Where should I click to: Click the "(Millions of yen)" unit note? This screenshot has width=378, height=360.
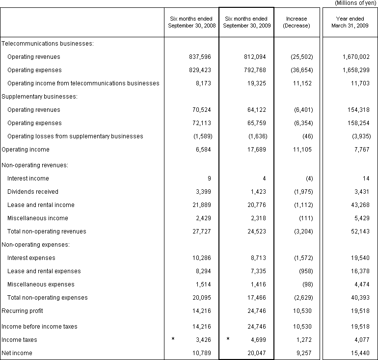pyautogui.click(x=355, y=3)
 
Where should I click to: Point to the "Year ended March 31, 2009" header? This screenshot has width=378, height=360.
pyautogui.click(x=350, y=22)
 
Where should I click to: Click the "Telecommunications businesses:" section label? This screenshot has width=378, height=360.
pyautogui.click(x=48, y=44)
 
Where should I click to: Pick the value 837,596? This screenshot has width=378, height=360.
pyautogui.click(x=200, y=57)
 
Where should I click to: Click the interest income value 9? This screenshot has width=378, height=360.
pyautogui.click(x=209, y=179)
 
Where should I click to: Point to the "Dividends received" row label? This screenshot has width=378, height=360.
pyautogui.click(x=33, y=192)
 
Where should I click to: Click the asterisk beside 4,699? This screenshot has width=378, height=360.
pyautogui.click(x=228, y=339)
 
